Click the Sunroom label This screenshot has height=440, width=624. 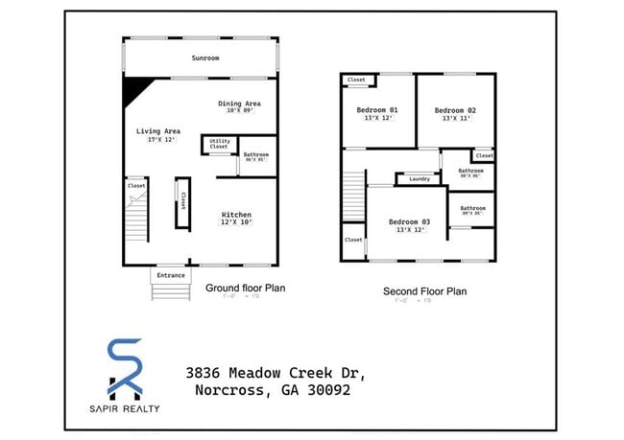click(204, 58)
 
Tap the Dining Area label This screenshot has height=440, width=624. click(239, 104)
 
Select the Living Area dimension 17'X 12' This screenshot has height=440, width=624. click(158, 140)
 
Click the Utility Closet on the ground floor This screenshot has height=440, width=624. click(219, 144)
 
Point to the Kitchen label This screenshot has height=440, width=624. click(236, 214)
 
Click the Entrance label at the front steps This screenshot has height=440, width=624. click(170, 276)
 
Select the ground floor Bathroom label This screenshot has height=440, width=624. click(255, 155)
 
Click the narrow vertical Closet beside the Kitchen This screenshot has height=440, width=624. click(182, 202)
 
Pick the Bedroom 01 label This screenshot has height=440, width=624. click(377, 110)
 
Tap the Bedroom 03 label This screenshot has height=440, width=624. click(409, 221)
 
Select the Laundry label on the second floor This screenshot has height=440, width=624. click(419, 179)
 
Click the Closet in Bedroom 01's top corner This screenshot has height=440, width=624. click(355, 81)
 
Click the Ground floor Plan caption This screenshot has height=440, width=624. click(245, 288)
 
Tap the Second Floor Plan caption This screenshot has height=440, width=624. click(424, 291)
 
